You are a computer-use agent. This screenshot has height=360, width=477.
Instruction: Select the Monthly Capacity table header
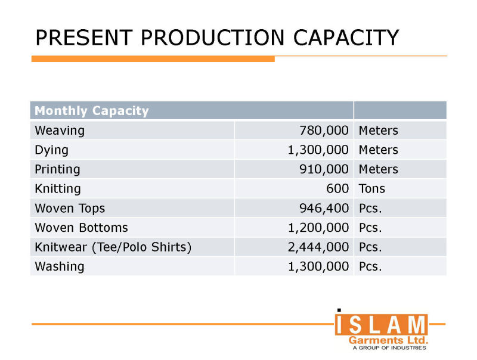(92, 111)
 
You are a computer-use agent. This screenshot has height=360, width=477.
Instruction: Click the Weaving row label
(60, 130)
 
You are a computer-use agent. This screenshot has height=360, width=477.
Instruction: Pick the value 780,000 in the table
(324, 130)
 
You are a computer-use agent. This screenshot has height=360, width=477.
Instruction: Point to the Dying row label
(51, 150)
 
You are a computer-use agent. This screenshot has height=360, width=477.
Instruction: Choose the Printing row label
(58, 169)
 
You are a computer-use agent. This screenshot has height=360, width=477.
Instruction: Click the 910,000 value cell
(324, 169)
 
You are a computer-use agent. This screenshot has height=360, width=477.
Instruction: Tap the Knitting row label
(58, 189)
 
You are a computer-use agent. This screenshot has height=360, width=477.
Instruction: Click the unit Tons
(372, 189)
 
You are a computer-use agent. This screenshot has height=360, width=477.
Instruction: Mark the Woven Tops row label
(69, 208)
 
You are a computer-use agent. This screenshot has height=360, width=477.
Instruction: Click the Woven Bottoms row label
(81, 228)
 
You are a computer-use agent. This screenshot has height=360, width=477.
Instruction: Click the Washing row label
(60, 266)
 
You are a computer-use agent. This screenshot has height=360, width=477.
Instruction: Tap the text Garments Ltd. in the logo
(388, 340)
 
